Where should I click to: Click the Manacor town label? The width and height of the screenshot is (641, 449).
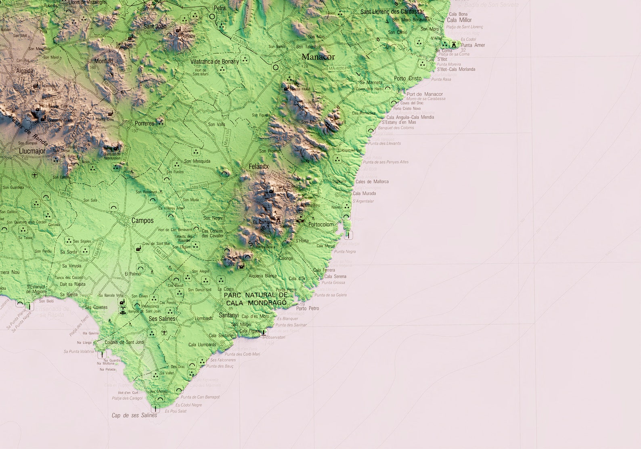tap(318, 57)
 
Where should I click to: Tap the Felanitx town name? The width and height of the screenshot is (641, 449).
tap(259, 166)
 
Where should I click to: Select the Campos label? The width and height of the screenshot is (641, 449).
tap(142, 220)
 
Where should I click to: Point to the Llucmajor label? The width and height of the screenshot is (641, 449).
tap(32, 151)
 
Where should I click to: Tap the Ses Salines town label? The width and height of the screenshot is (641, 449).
tap(162, 319)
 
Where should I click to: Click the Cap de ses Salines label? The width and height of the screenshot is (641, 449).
tap(134, 415)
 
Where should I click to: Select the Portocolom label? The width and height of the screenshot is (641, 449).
tap(321, 224)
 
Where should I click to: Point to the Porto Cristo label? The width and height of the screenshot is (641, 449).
tap(408, 78)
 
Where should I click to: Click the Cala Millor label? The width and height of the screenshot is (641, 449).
tap(459, 20)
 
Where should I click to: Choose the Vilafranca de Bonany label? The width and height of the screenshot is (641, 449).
tap(215, 61)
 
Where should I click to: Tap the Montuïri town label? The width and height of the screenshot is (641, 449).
tap(104, 61)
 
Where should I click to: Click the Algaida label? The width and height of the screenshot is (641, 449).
tap(25, 71)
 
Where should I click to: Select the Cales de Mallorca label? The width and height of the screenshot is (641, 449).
tap(372, 182)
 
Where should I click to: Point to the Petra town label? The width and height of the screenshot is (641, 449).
tap(220, 8)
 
